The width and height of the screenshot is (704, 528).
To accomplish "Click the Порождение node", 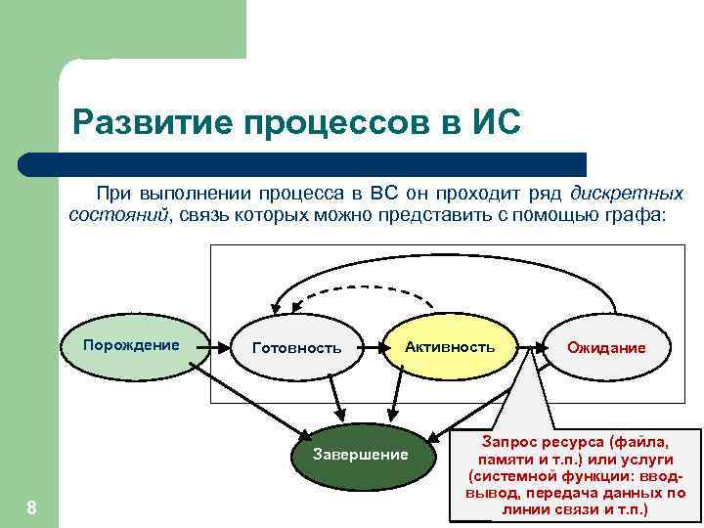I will [132, 345].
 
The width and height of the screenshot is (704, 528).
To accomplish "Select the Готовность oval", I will [296, 348].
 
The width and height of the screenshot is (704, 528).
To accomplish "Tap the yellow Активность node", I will [450, 347].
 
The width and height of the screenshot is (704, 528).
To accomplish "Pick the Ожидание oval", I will [606, 348].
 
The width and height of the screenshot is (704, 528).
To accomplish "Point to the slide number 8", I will [31, 506].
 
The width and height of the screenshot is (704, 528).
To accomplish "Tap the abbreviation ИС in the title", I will [489, 123].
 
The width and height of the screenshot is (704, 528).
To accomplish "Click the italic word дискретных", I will [627, 193].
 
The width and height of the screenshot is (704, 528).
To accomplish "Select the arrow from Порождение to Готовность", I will [220, 346].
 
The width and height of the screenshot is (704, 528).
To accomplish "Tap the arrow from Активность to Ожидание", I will [528, 346].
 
